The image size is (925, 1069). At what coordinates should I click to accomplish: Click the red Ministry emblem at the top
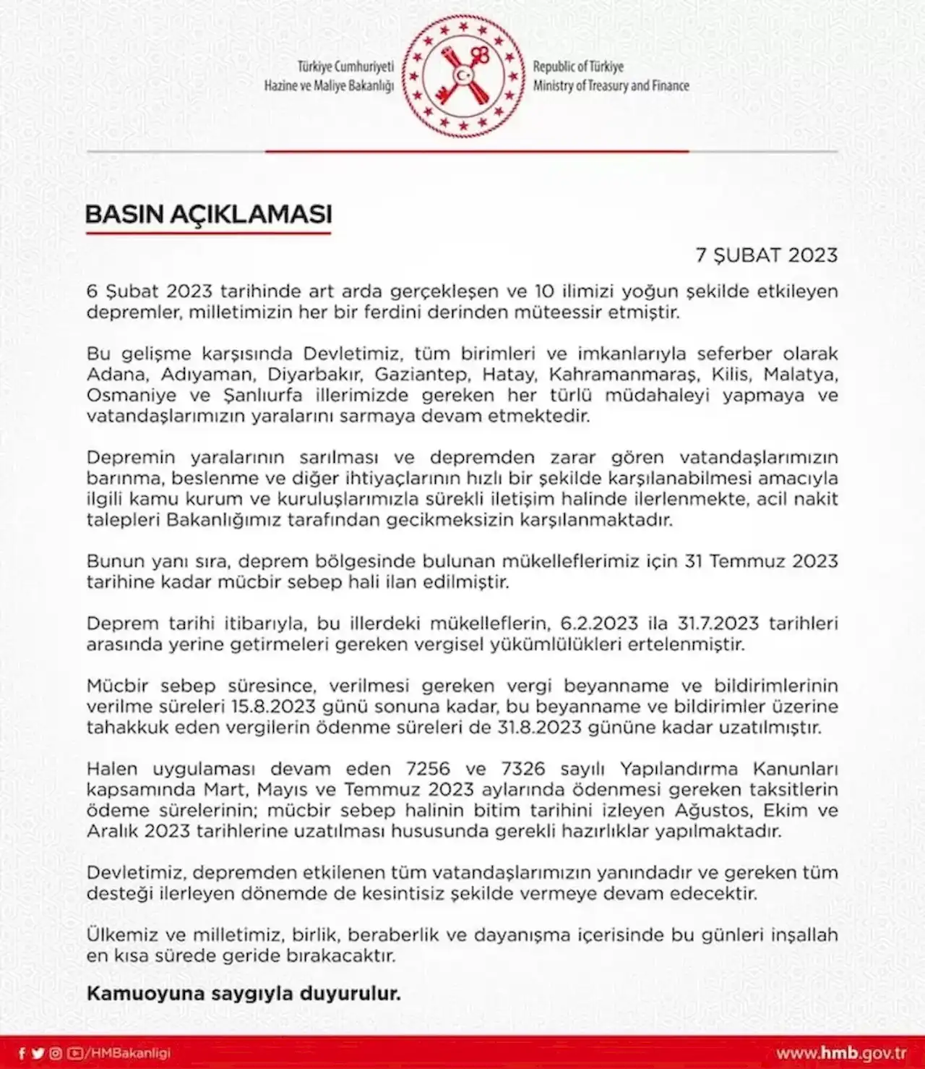tap(463, 76)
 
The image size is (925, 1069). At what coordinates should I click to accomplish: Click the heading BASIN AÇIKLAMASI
tap(208, 214)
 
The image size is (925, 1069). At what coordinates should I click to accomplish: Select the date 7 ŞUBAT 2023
tap(766, 255)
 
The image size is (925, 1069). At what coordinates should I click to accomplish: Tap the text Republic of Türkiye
tap(578, 67)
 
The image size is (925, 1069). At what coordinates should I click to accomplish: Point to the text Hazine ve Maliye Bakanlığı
tap(329, 86)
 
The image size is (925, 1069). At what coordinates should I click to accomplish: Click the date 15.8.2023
tap(273, 707)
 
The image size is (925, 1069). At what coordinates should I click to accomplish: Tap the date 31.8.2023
tap(539, 728)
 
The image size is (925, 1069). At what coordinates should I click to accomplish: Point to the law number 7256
tap(428, 769)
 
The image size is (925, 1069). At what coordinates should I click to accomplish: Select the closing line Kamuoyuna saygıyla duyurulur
tap(244, 994)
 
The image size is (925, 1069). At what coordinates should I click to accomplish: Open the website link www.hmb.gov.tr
tap(841, 1053)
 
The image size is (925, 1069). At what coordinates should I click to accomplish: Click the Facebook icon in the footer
tap(22, 1054)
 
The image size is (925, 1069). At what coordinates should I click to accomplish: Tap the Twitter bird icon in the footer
tap(38, 1054)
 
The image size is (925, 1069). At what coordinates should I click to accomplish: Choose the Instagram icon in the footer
tap(56, 1054)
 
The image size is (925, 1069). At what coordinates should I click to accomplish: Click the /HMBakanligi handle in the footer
tap(127, 1054)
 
